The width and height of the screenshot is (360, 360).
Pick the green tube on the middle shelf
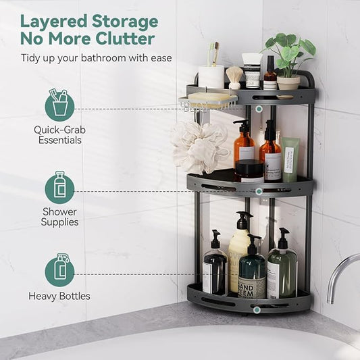[290, 159]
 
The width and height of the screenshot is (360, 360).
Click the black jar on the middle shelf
[249, 170]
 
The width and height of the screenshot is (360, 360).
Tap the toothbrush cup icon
[59, 106]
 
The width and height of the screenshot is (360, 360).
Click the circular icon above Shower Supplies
[59, 189]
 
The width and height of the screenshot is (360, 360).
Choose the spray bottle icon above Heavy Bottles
[59, 271]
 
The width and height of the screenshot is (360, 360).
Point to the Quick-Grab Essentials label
[59, 134]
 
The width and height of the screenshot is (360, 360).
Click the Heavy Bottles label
[59, 296]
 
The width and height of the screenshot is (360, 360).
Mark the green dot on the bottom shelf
[257, 309]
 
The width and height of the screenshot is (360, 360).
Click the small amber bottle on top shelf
[270, 74]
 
